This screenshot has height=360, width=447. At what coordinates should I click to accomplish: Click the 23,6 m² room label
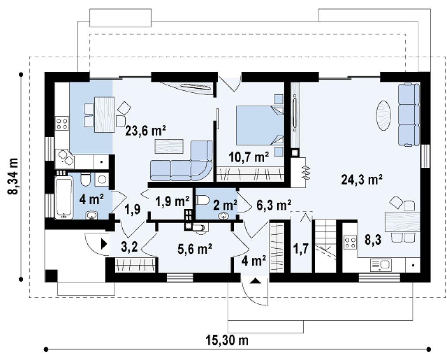pos(146,131)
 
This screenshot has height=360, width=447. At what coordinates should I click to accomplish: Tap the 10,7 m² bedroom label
pos(249,156)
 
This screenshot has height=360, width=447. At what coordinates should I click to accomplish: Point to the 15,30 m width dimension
pos(227,340)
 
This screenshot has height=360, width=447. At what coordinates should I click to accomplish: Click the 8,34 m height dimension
pos(13,176)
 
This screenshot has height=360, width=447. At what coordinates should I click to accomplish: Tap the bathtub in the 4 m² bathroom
pos(64,197)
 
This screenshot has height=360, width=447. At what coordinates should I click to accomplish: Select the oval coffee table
pos(383,115)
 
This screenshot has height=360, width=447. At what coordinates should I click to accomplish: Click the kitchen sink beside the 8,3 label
pos(381,265)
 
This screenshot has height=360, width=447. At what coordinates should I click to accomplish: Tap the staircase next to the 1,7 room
pos(325,246)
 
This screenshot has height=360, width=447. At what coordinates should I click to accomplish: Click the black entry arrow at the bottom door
pos(255,281)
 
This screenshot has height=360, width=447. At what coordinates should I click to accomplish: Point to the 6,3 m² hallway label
pos(274,205)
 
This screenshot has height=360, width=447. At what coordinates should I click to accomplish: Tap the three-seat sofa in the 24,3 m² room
pos(409,114)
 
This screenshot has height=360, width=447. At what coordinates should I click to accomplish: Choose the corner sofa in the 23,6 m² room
pos(181,161)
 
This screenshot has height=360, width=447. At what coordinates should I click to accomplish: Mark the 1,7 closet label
pos(301,249)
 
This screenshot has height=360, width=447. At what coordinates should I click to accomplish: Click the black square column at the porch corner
pos(52,276)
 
